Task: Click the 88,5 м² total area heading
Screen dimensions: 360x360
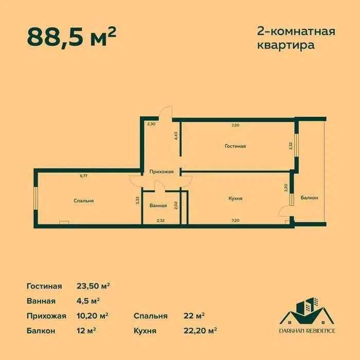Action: coord(71,36)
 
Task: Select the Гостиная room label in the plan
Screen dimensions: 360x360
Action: coord(235,146)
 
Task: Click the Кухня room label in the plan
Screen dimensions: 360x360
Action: coord(236,198)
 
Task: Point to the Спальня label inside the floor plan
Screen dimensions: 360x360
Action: coord(83,201)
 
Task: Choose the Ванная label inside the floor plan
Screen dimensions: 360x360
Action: coord(158,206)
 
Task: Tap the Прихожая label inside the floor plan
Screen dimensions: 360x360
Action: coord(161,172)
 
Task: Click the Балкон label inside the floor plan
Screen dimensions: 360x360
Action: coord(310,198)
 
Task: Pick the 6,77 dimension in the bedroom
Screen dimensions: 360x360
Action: coord(83,176)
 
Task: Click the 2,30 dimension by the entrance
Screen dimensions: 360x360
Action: coord(151,124)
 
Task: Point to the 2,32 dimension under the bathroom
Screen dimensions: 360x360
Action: coord(160,221)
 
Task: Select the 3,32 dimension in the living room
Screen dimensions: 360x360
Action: coord(291,146)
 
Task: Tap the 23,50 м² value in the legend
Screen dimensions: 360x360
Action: coord(94,286)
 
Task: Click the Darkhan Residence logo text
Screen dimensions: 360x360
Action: coord(308,330)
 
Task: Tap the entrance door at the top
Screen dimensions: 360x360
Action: coord(166,112)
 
